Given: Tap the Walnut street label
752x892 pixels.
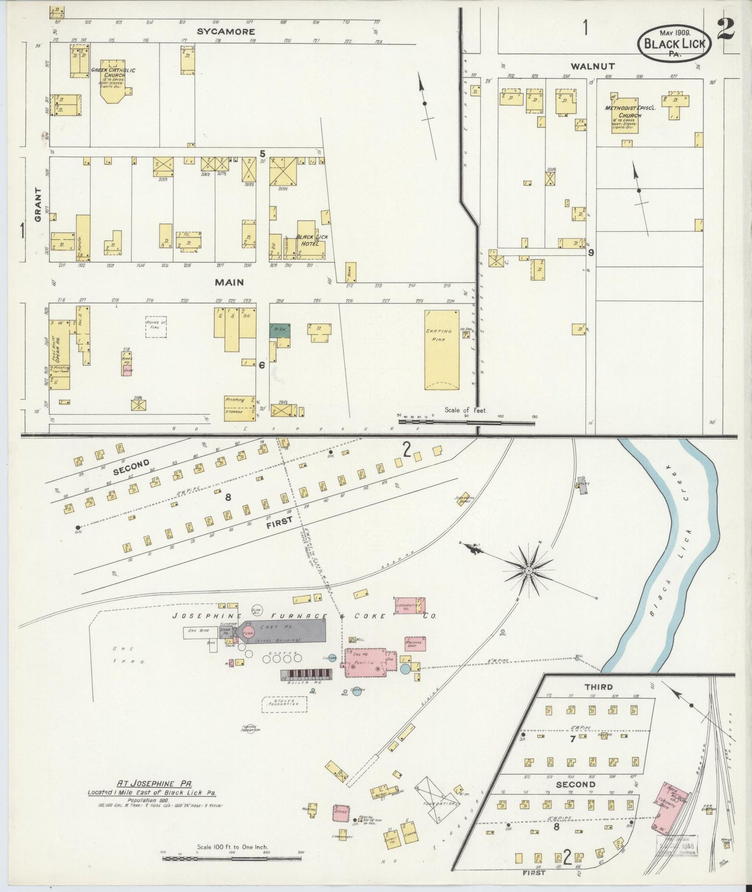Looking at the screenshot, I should point(592,66).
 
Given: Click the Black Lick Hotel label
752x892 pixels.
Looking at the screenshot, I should point(312,240).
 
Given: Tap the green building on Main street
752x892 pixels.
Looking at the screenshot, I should point(280,330).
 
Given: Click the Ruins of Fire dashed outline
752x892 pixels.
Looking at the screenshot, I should point(156,326).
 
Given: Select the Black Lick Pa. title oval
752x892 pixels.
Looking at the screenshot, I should point(674,44).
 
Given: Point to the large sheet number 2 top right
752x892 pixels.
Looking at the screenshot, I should point(725,29).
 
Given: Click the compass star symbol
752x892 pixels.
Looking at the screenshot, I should point(529,571).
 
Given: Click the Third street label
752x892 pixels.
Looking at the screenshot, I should point(598,687).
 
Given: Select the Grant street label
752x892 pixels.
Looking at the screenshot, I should point(38,212).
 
